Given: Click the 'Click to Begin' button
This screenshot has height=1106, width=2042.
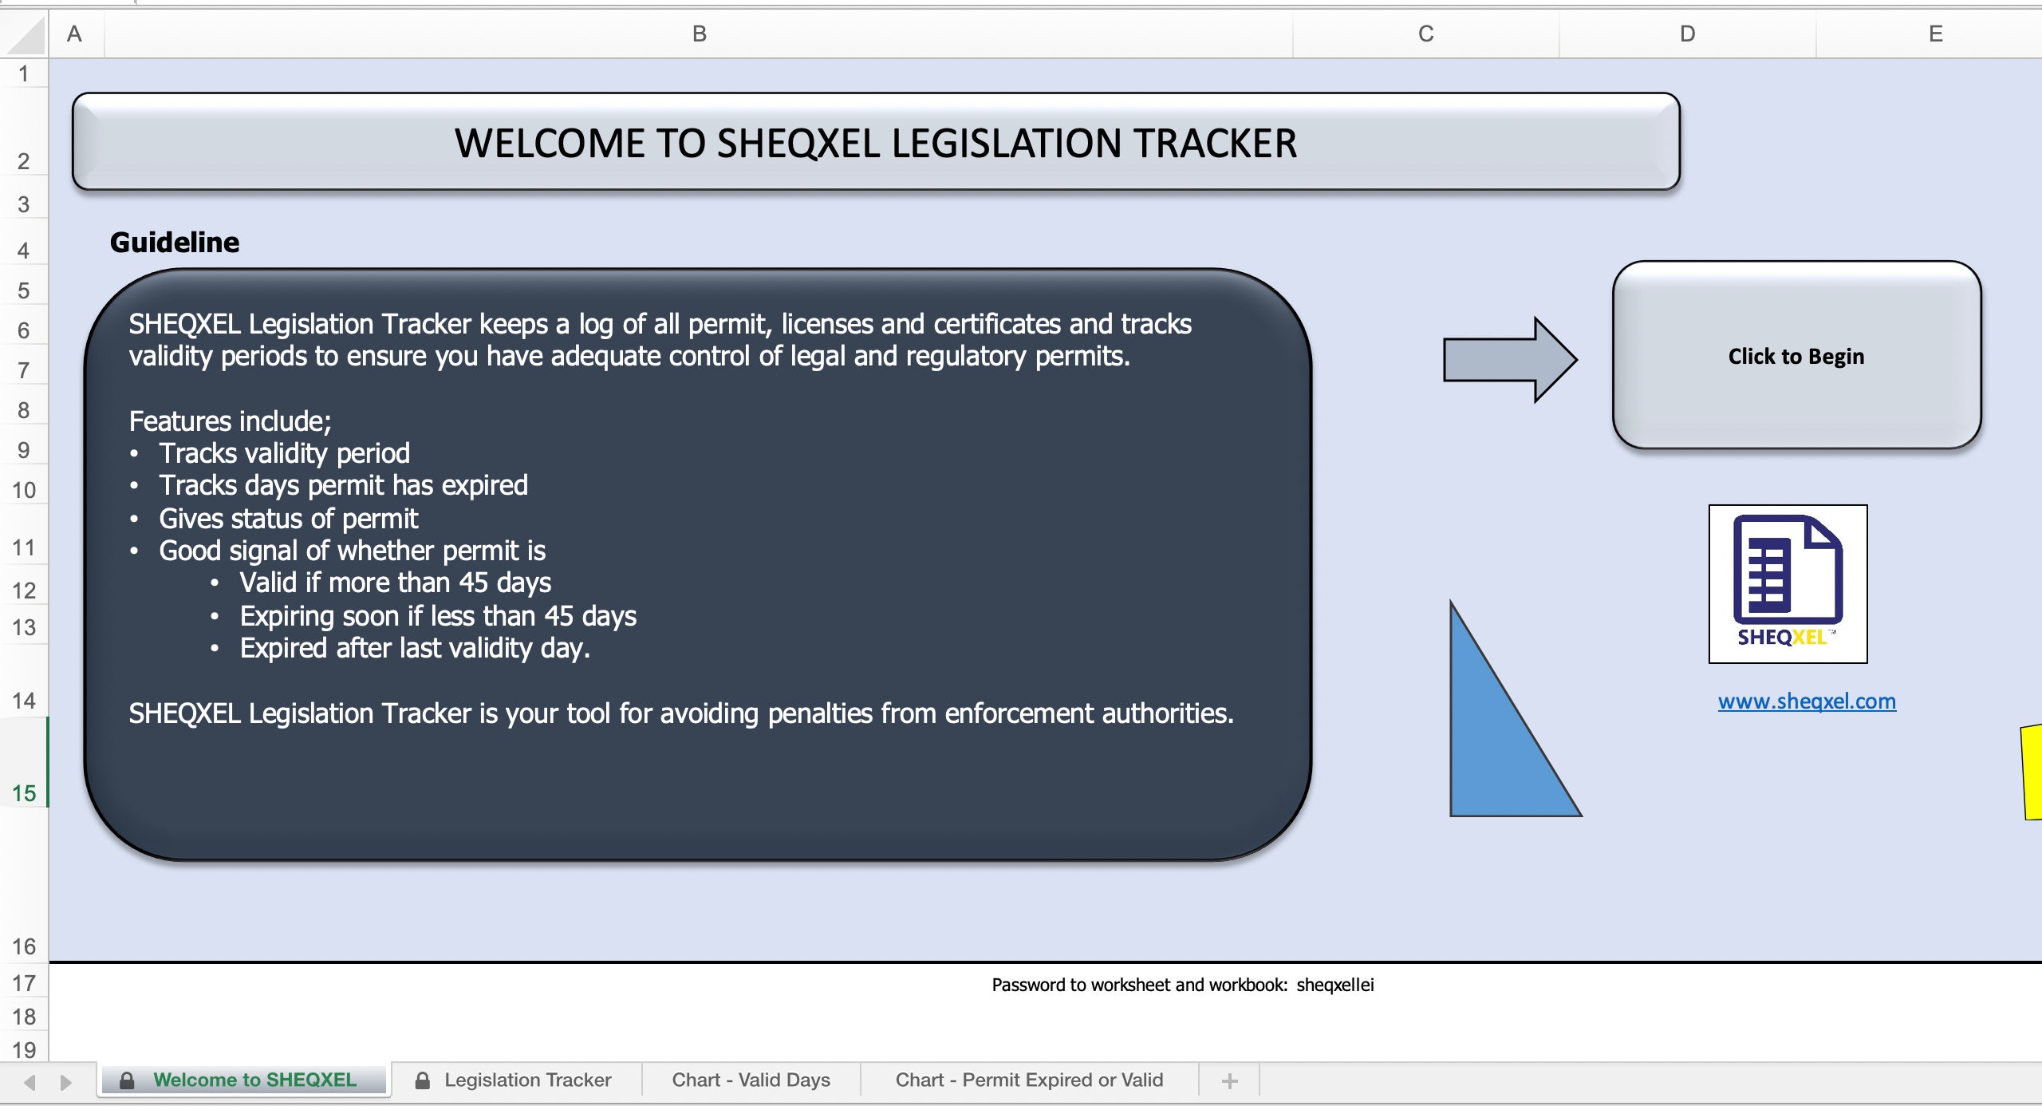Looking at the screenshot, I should [x=1796, y=356].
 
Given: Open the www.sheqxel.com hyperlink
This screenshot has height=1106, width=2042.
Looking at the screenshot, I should [x=1807, y=701].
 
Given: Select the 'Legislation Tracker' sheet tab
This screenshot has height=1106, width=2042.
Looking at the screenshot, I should [x=527, y=1080].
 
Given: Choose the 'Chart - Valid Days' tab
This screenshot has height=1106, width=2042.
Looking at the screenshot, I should [x=751, y=1080].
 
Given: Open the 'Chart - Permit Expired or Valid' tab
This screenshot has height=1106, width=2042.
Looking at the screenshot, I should [x=1029, y=1080].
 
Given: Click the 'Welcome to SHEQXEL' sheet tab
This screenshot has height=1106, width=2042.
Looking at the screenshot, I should [x=254, y=1080].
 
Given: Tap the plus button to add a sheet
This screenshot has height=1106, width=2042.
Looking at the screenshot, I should [x=1229, y=1081].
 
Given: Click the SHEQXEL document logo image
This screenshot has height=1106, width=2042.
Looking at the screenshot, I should [x=1788, y=583].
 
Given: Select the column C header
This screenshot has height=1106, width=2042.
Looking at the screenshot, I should [x=1425, y=34].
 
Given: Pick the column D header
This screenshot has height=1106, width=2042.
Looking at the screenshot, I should [x=1687, y=34].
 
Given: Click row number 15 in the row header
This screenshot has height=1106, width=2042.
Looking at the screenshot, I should [x=24, y=792].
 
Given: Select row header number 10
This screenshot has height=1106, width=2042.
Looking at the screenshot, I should [x=24, y=490].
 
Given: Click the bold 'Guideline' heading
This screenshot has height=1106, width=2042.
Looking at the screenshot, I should [x=175, y=243].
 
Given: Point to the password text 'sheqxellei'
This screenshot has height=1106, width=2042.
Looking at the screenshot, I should [x=1335, y=985].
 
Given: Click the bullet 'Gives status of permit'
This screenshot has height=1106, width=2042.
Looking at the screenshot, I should [x=288, y=519].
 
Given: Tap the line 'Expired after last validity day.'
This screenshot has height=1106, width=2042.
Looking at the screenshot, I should [x=415, y=648].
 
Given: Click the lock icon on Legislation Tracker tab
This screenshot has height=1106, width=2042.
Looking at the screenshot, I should [x=423, y=1080].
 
